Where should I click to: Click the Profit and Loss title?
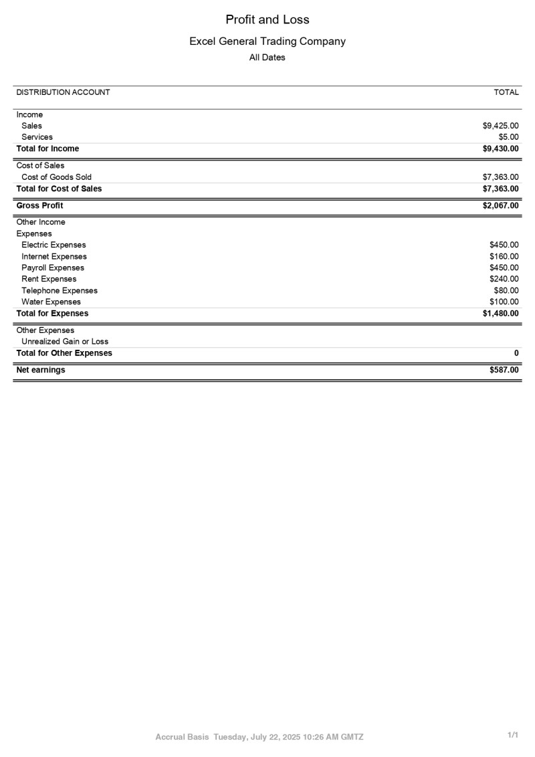click(x=267, y=19)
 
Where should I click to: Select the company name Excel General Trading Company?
click(x=267, y=41)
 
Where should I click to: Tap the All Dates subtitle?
click(x=267, y=58)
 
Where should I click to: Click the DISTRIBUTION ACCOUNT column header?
click(x=63, y=92)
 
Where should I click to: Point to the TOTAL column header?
click(x=506, y=92)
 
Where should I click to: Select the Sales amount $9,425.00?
click(x=500, y=126)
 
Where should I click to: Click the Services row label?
click(x=37, y=137)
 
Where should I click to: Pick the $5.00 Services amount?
click(x=509, y=137)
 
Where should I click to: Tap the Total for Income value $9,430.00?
click(x=500, y=148)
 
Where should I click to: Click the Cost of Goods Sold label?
click(x=56, y=177)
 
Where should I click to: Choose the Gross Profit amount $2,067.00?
click(x=500, y=205)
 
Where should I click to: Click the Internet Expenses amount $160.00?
click(x=504, y=256)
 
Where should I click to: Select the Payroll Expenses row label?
click(x=53, y=267)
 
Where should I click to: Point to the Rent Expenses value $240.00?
click(x=504, y=279)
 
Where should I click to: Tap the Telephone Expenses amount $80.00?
click(x=506, y=290)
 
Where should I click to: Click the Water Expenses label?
click(x=51, y=302)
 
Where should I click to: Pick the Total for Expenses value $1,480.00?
click(x=500, y=313)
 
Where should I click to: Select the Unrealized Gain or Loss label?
click(x=65, y=341)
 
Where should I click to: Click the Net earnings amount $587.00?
click(x=504, y=370)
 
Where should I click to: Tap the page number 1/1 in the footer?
click(x=513, y=735)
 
